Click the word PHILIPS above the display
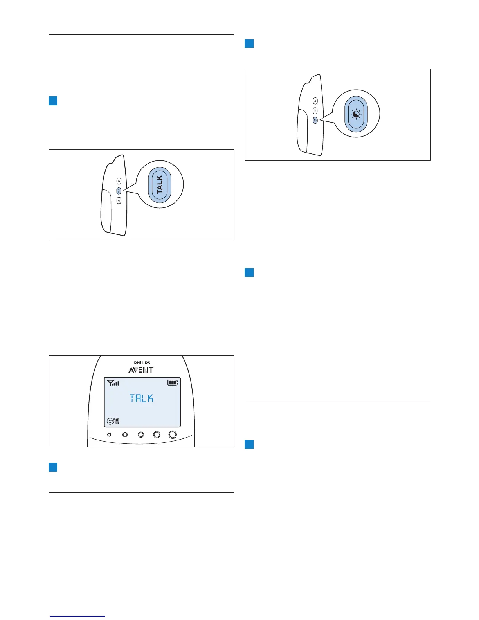click(x=142, y=363)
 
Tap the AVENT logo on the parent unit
click(x=141, y=370)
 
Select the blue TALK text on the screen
click(x=142, y=398)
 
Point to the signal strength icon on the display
click(x=113, y=383)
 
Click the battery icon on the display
click(x=173, y=383)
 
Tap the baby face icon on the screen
click(x=110, y=421)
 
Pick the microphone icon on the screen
click(x=117, y=421)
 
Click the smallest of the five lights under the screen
click(x=109, y=434)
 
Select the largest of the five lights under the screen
click(x=173, y=434)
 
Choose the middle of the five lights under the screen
click(x=141, y=434)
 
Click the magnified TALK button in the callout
click(x=159, y=185)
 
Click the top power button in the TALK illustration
click(x=119, y=181)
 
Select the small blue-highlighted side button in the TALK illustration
click(x=119, y=191)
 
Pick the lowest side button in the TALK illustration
click(x=119, y=200)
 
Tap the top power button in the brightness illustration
click(x=315, y=101)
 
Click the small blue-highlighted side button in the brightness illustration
click(x=315, y=120)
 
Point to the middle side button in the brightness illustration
click(x=315, y=111)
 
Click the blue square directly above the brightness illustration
click(x=249, y=43)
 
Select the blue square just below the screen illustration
click(x=53, y=467)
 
